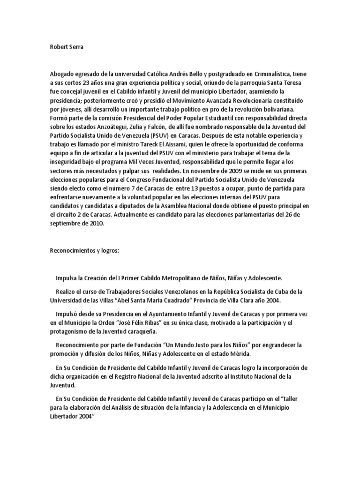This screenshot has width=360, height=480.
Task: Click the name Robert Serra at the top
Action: [x=66, y=47]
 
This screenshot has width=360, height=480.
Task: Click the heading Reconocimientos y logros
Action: [x=85, y=251]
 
